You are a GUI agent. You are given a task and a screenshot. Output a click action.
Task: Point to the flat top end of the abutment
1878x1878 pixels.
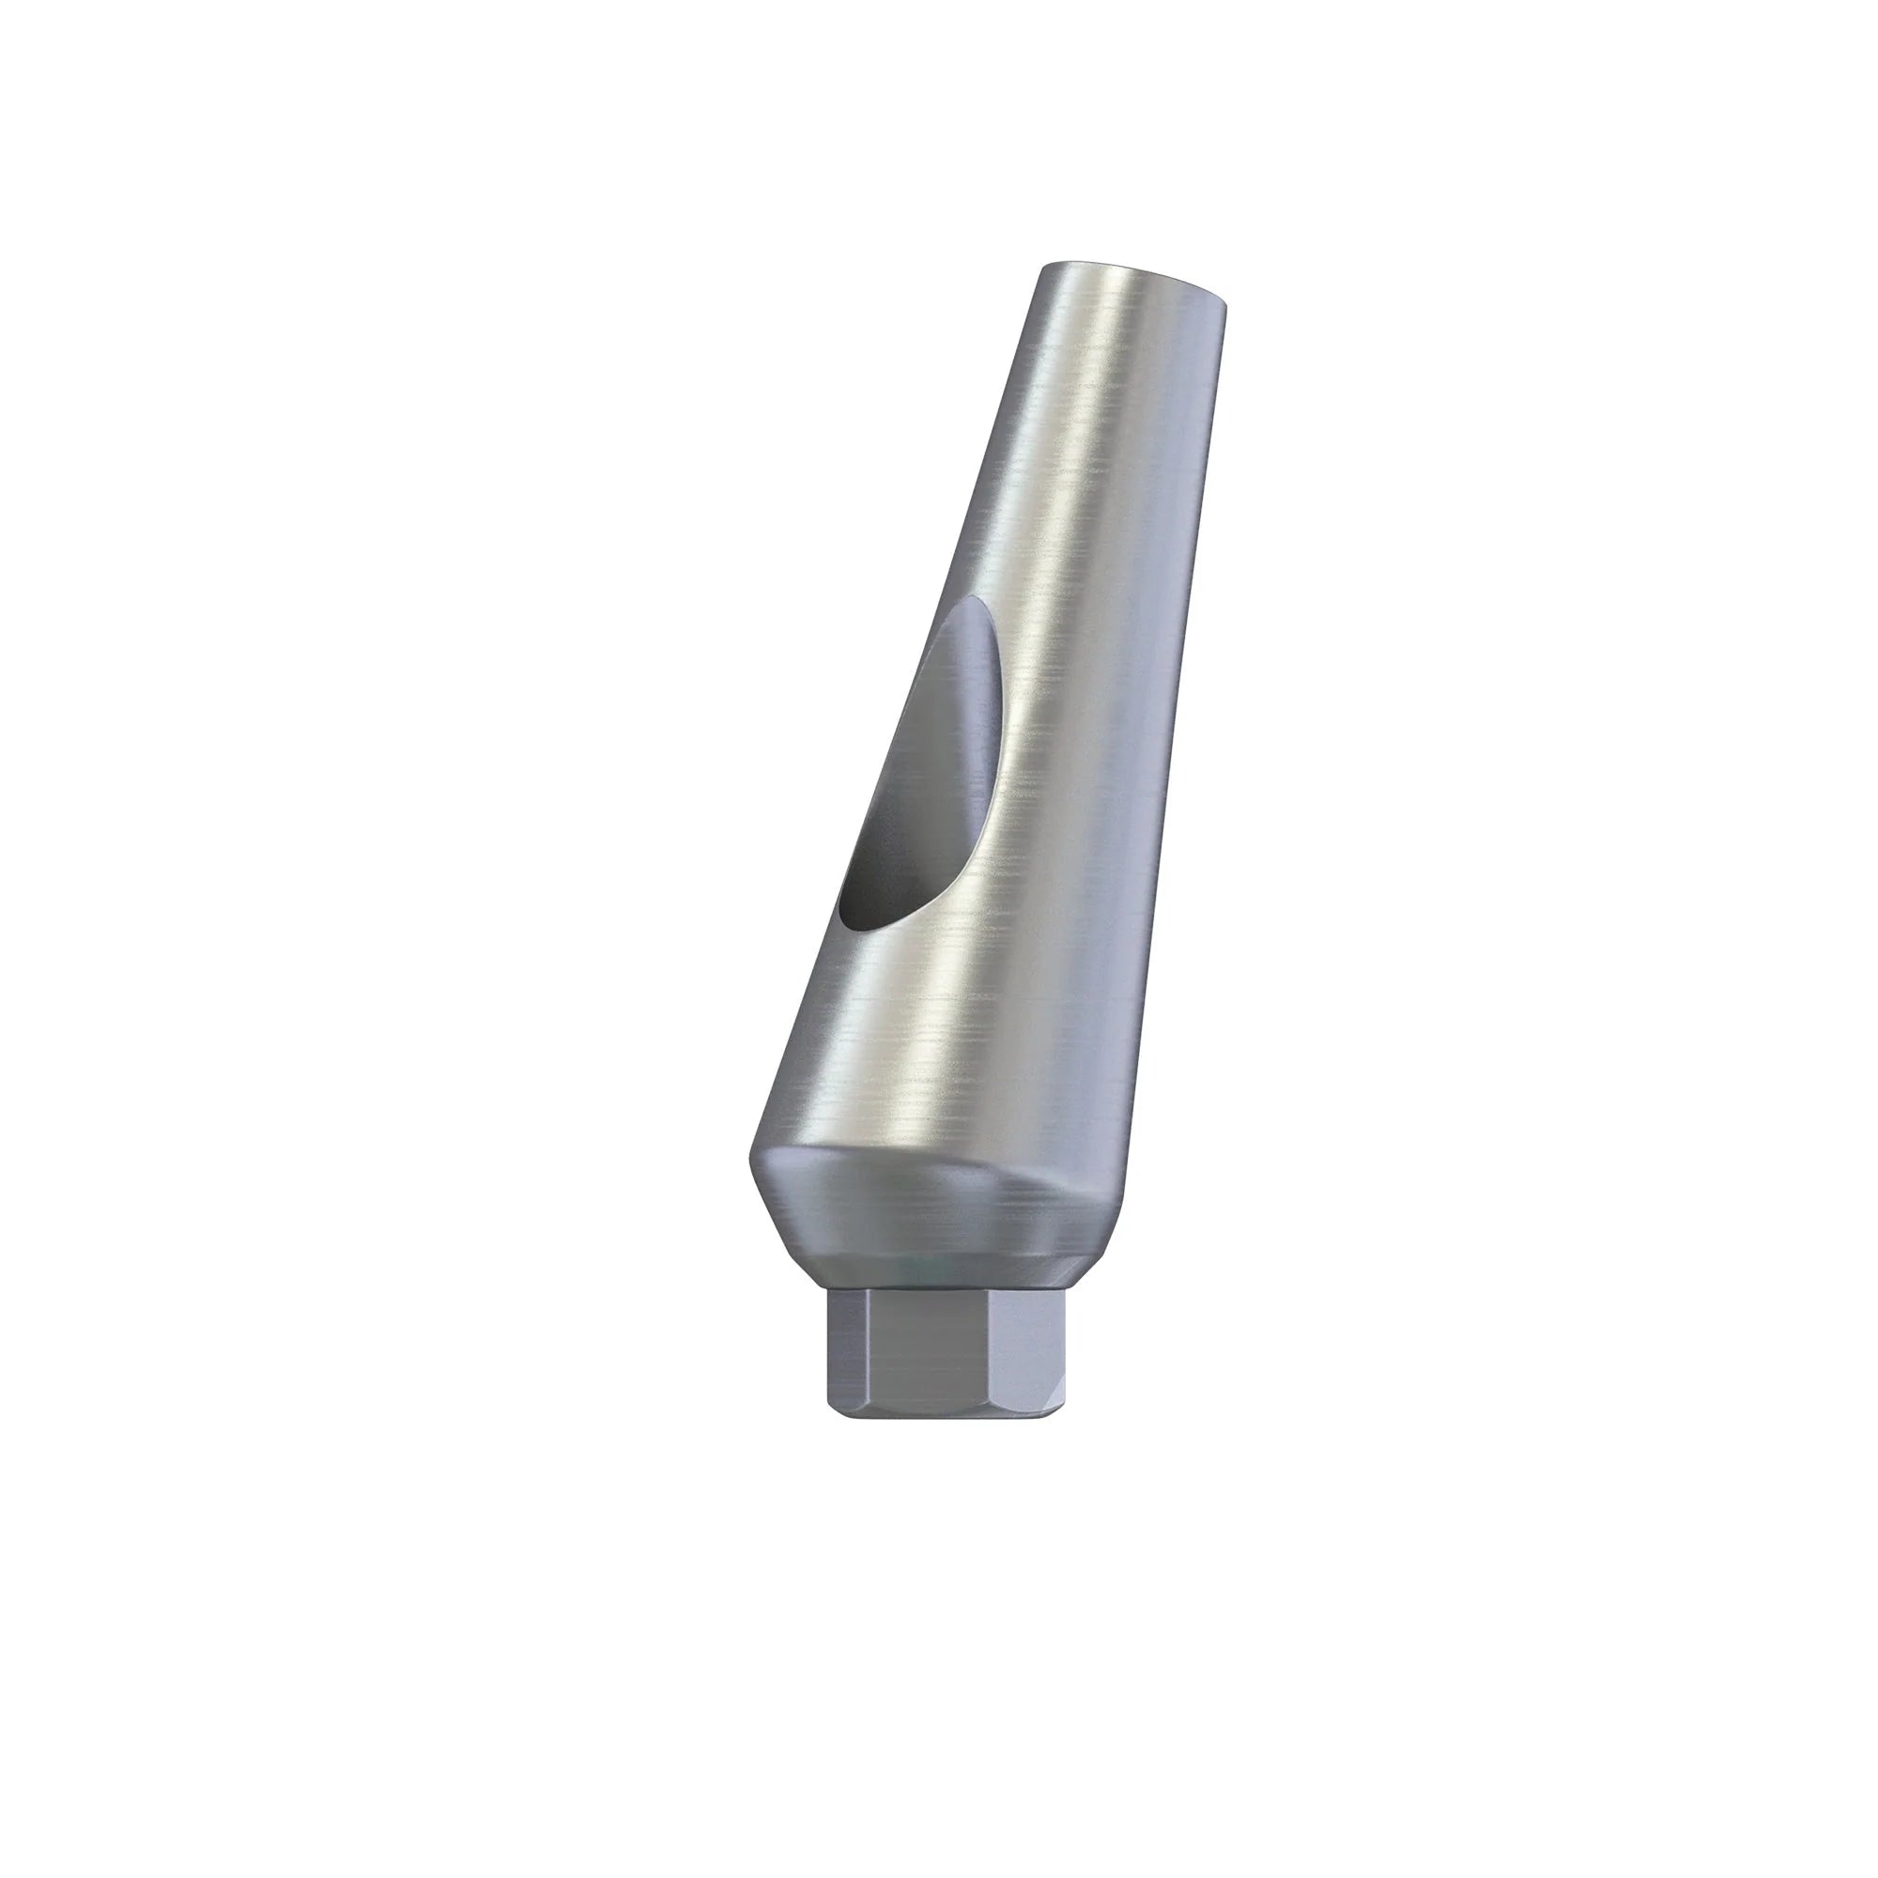[x=1132, y=275]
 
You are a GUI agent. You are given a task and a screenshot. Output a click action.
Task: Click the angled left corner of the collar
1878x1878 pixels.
[x=753, y=1181]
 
